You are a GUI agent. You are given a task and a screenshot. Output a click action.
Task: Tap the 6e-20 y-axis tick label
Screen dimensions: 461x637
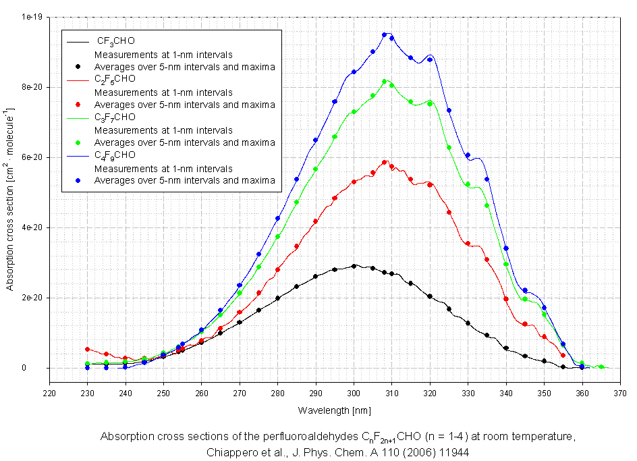pyautogui.click(x=32, y=157)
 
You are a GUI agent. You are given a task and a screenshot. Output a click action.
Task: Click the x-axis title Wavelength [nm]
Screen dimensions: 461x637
pyautogui.click(x=335, y=410)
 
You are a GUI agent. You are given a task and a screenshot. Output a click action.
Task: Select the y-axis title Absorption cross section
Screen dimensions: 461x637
pyautogui.click(x=10, y=193)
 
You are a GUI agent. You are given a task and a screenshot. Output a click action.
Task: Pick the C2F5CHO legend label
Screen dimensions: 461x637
pyautogui.click(x=115, y=79)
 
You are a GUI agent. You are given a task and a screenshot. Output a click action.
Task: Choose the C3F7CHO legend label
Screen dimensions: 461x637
pyautogui.click(x=115, y=117)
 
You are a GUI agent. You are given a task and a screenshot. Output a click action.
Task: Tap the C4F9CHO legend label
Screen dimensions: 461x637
pyautogui.click(x=115, y=155)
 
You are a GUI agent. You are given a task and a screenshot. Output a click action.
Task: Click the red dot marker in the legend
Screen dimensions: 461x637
pyautogui.click(x=79, y=105)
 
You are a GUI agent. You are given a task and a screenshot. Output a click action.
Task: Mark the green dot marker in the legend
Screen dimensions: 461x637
pyautogui.click(x=79, y=142)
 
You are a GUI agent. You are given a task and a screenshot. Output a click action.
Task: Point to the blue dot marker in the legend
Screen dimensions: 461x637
pyautogui.click(x=79, y=180)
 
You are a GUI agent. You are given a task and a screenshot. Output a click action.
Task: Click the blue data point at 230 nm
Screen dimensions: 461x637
pyautogui.click(x=88, y=367)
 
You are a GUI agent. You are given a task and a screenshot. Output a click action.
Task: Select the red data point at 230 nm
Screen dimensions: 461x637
pyautogui.click(x=88, y=349)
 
